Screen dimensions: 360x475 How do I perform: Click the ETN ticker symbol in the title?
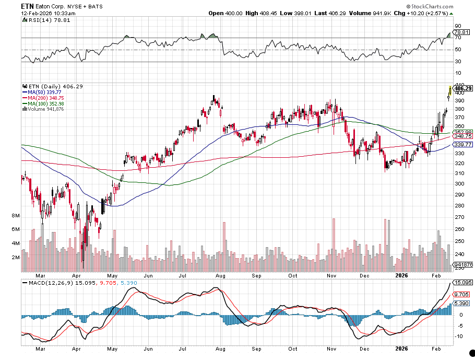[28, 6]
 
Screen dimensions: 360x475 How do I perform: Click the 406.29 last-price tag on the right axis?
[463, 88]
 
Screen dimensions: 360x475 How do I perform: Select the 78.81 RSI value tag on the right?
[460, 31]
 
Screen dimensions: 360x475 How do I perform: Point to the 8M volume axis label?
[15, 215]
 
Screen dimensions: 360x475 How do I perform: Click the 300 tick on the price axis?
[459, 184]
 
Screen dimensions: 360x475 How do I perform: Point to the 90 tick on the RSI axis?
[457, 25]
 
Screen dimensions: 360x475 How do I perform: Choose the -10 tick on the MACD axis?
[458, 336]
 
